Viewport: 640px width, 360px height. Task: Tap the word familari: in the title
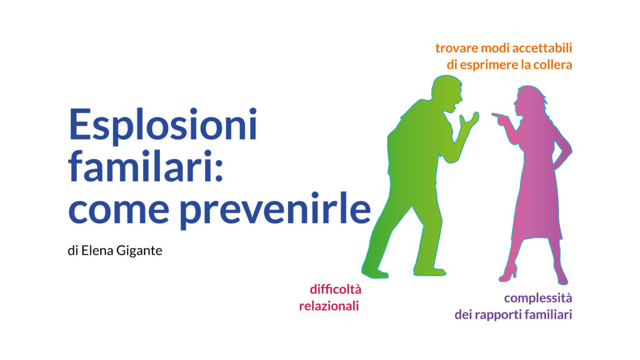pos(146,166)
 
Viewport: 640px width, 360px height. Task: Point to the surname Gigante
pos(139,251)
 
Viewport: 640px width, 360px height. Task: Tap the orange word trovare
pos(457,48)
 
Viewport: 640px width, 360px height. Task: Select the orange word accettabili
pos(542,47)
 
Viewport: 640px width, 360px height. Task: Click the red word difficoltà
pos(336,289)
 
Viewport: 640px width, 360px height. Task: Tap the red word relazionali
pos(329,306)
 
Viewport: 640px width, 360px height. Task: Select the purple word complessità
pos(538,299)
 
